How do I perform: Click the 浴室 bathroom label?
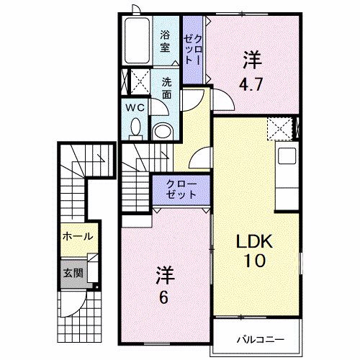coord(165,41)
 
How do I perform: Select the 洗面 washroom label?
coord(166,87)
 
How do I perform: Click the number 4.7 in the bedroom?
coord(251,82)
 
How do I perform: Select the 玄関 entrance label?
coord(72,273)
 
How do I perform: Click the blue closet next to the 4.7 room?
coord(192,48)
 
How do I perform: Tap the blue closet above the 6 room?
coord(179,189)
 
